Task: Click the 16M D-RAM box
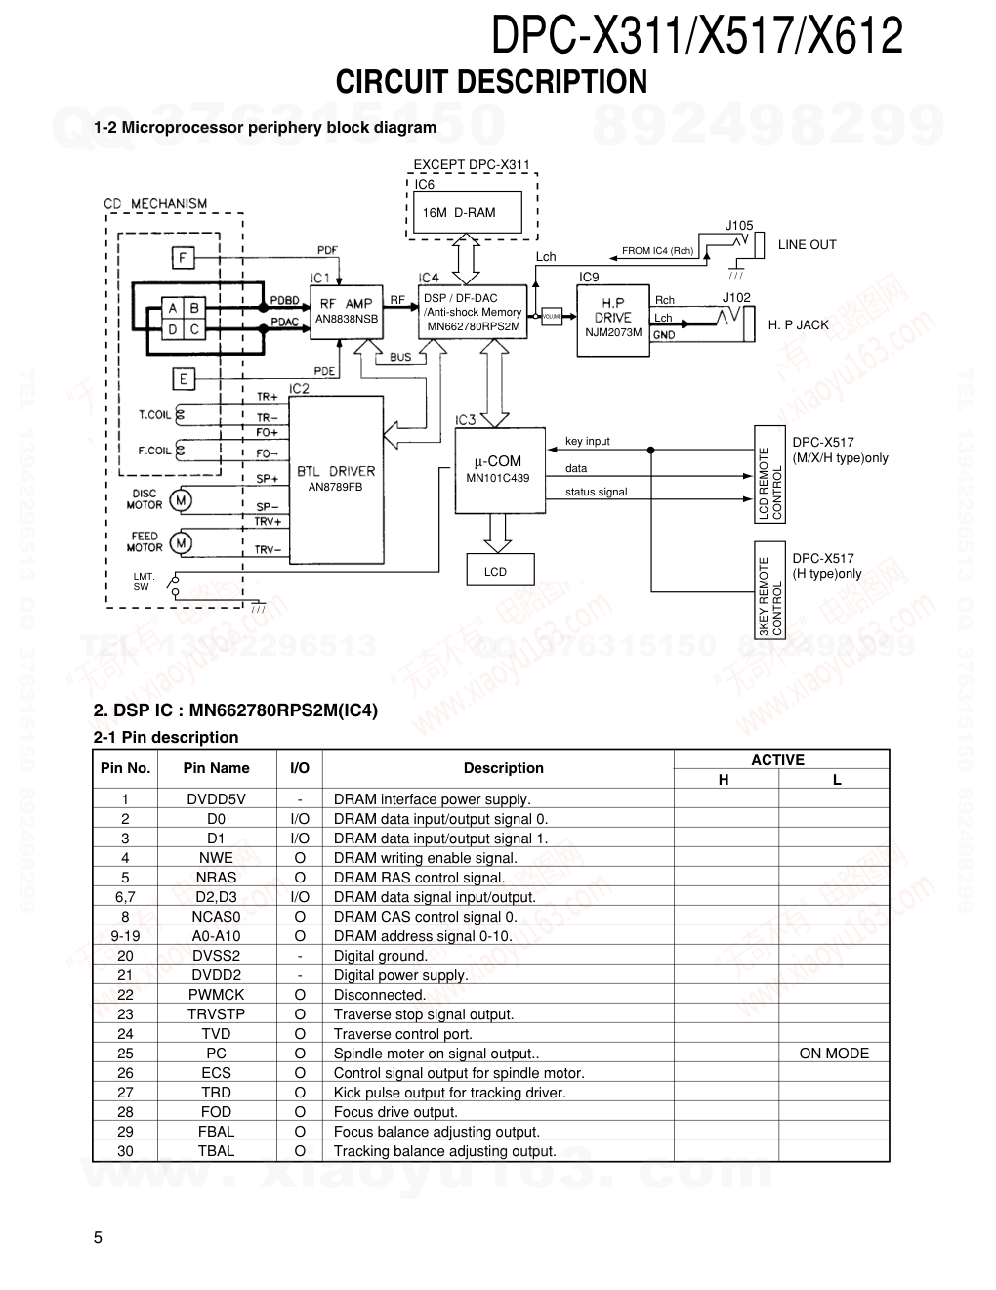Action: tap(466, 212)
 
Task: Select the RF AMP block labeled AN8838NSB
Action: tap(346, 311)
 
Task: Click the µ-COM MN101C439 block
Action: tap(498, 469)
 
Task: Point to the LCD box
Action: tap(495, 572)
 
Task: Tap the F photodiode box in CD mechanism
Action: tap(183, 258)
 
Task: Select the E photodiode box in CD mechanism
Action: tap(183, 378)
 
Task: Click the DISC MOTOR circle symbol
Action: tap(182, 500)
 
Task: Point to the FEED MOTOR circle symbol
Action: tap(182, 542)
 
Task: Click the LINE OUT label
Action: tap(807, 245)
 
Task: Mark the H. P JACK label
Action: tap(798, 325)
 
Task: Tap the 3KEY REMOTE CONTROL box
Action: tap(770, 596)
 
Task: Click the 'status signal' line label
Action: tap(596, 492)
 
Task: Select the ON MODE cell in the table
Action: tap(833, 1053)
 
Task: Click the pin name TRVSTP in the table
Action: tap(216, 1014)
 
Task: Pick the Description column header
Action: tap(503, 768)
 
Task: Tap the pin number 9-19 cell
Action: tap(125, 936)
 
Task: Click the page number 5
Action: tap(98, 1238)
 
